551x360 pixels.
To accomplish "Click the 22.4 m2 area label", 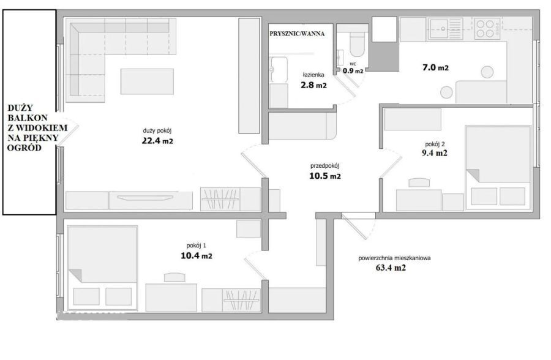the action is point(157,141).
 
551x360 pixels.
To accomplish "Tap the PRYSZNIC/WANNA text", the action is point(297,34).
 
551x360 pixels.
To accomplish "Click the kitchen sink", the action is point(445,29).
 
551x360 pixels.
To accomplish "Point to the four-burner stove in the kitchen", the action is point(487,29).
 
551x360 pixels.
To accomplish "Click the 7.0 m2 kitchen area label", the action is point(435,67).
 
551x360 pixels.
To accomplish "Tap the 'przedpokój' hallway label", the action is point(324,166).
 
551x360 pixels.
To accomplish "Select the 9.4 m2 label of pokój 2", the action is point(434,153).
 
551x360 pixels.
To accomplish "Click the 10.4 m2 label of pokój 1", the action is point(197,255).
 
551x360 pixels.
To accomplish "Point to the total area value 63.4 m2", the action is point(391,268).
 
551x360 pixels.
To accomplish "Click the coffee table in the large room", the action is point(147,81).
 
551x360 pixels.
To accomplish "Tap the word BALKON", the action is point(28,118).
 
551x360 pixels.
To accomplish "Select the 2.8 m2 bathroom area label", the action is point(313,84).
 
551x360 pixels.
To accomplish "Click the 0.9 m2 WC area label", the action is point(353,70).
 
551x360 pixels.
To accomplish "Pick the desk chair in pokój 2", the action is point(419,182).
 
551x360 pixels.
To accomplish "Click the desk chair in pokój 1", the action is point(174,277).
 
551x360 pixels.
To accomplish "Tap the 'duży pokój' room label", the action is point(157,131).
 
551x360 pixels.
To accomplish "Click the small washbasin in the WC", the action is point(340,58).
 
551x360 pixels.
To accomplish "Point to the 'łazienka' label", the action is point(313,75).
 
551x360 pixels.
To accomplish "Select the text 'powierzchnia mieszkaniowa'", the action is point(394,258).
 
